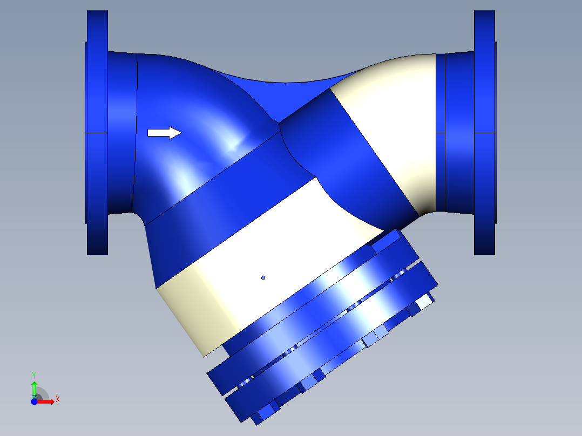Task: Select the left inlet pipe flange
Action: click(97, 132)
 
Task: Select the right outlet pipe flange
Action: click(484, 132)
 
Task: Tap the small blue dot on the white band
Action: click(263, 278)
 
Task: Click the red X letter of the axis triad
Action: click(57, 399)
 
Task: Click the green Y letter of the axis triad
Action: click(33, 374)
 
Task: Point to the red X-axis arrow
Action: click(48, 401)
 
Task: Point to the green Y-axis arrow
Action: click(33, 387)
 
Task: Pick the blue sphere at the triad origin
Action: click(34, 401)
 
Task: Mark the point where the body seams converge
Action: click(279, 124)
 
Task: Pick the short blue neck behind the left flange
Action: click(122, 132)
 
